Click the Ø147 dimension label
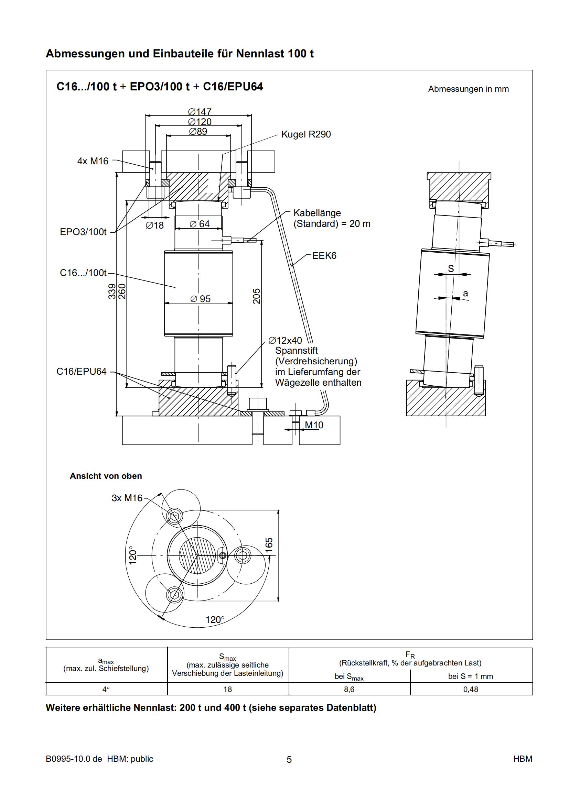[x=200, y=112]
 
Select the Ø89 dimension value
[x=198, y=132]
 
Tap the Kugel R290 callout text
[x=306, y=134]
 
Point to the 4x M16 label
[x=93, y=161]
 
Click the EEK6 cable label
[x=324, y=256]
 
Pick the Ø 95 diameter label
[x=201, y=299]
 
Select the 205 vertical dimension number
[x=257, y=296]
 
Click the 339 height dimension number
[x=112, y=291]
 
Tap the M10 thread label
[x=314, y=425]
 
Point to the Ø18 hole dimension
[x=155, y=225]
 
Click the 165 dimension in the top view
[x=269, y=545]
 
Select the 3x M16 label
[x=127, y=498]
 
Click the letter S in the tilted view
[x=451, y=268]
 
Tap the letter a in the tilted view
[x=465, y=294]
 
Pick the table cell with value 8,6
[x=349, y=689]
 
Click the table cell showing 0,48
[x=471, y=689]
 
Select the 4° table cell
[x=106, y=689]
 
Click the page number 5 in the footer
[x=289, y=759]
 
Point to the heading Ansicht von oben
[x=106, y=476]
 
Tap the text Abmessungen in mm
[x=468, y=89]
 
